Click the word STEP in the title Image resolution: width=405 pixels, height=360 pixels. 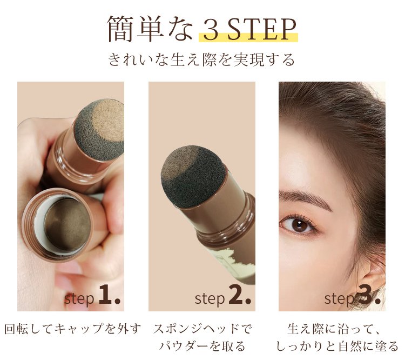[261, 29]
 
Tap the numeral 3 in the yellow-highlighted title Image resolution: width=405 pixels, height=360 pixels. [211, 30]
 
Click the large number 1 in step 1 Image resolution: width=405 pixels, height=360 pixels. [105, 294]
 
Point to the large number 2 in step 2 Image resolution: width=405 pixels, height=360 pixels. [236, 294]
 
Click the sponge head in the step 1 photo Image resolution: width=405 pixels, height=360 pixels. [99, 129]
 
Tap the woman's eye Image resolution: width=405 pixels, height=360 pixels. [298, 224]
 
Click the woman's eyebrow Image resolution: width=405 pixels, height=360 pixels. [304, 198]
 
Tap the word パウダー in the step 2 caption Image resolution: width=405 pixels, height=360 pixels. [184, 346]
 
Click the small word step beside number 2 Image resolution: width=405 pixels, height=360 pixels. [210, 299]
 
